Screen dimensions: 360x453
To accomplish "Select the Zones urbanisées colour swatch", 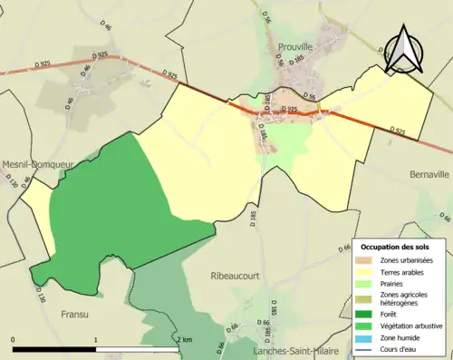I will (367, 260).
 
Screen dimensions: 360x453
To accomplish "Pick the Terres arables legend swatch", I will (367, 272).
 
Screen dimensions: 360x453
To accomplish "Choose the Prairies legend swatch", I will (367, 283).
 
